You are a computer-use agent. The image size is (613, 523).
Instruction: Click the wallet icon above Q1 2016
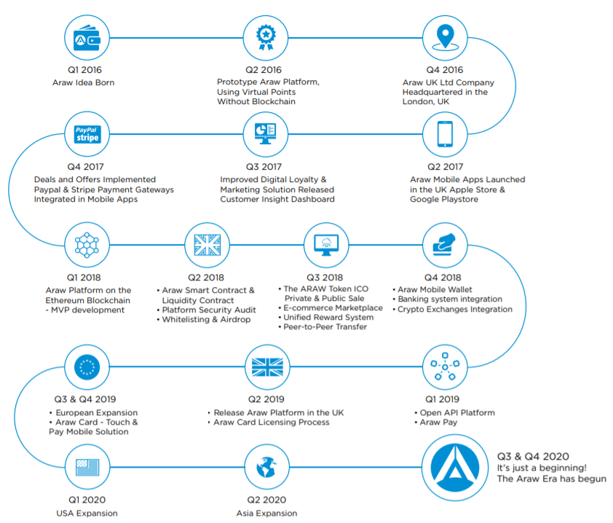(x=87, y=38)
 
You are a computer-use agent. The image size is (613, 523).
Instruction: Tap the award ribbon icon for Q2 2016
(x=266, y=38)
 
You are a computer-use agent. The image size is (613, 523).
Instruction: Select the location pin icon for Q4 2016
(x=445, y=38)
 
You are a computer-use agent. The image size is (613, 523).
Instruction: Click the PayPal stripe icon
(x=87, y=134)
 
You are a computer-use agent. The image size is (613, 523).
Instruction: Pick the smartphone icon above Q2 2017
(x=445, y=134)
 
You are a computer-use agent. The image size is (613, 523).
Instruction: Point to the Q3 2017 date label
(x=264, y=167)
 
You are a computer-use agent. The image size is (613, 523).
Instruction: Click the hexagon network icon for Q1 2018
(x=87, y=245)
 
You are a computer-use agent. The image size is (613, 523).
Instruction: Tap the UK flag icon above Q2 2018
(x=207, y=245)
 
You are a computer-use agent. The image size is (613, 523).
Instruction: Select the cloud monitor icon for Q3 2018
(x=326, y=245)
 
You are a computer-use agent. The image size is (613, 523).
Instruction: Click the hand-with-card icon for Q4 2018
(x=445, y=245)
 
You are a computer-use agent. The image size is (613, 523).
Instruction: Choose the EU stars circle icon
(x=87, y=367)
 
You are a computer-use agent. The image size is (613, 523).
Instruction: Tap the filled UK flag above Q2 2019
(x=267, y=367)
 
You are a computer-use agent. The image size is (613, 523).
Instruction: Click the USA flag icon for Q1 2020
(x=87, y=467)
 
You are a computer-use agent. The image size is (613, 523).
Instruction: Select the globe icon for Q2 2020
(x=266, y=467)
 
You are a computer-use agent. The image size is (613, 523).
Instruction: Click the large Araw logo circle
(x=455, y=468)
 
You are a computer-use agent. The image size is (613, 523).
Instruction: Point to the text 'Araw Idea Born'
(x=83, y=82)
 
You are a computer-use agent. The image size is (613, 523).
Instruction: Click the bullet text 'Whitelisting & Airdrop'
(x=206, y=320)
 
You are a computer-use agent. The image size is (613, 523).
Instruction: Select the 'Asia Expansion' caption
(x=266, y=514)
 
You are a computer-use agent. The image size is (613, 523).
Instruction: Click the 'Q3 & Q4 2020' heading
(x=533, y=457)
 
